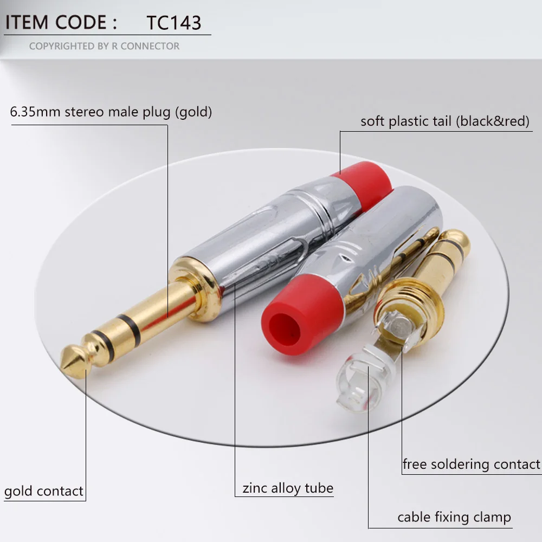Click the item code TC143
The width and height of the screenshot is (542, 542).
(174, 23)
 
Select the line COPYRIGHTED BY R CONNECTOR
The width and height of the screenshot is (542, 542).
(104, 46)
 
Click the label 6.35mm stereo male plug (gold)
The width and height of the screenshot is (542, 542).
(111, 112)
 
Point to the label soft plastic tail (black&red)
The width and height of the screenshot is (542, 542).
(445, 121)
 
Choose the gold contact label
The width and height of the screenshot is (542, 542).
(43, 491)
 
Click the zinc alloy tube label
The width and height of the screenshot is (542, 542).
(288, 488)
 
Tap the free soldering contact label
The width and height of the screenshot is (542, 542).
(472, 464)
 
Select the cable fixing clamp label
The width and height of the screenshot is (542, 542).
(454, 518)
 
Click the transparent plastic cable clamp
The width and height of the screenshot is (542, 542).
(363, 377)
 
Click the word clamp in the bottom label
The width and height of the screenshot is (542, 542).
(492, 518)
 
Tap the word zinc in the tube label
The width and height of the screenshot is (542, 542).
(254, 488)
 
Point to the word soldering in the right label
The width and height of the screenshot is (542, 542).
(460, 464)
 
